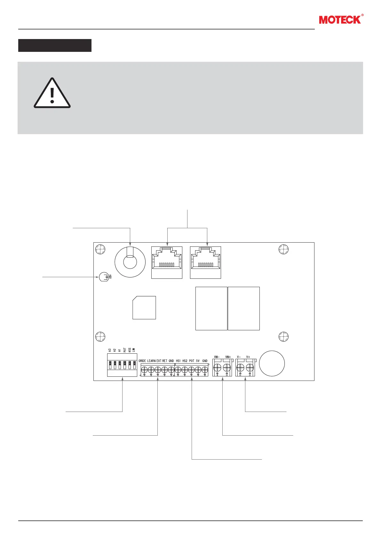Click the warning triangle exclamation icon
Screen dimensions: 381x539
coord(52,93)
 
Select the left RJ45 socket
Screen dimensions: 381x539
coord(167,262)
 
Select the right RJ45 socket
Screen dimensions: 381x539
coord(205,262)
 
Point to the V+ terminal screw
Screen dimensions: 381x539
coord(250,368)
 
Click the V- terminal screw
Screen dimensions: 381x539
coord(240,368)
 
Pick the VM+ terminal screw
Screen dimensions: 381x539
coord(227,368)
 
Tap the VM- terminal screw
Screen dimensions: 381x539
coord(218,368)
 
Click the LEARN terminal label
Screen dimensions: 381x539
coord(151,361)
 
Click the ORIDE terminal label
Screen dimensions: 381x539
coord(142,361)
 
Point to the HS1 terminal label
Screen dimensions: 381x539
coord(178,361)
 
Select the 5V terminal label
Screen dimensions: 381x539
coord(198,361)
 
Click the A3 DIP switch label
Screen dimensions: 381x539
coord(109,350)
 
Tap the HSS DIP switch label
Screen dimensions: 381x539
coord(130,350)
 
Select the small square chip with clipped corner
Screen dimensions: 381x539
coord(144,307)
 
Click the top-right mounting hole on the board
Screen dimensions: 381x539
coord(283,249)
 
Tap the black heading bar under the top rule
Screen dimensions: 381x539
coord(55,45)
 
